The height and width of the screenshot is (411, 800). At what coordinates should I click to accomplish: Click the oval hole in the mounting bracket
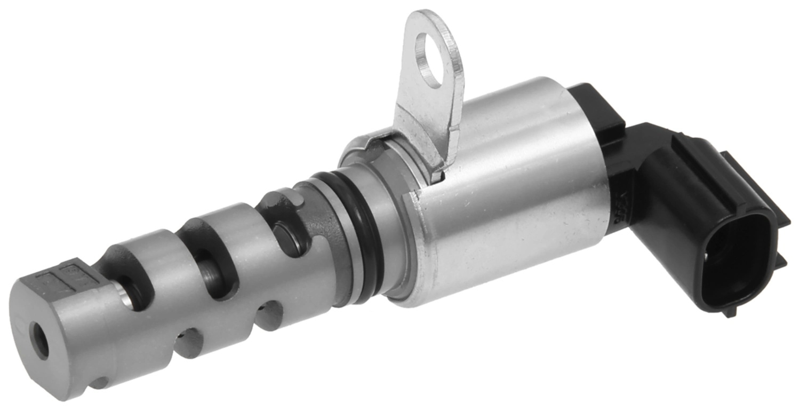point(429,60)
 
